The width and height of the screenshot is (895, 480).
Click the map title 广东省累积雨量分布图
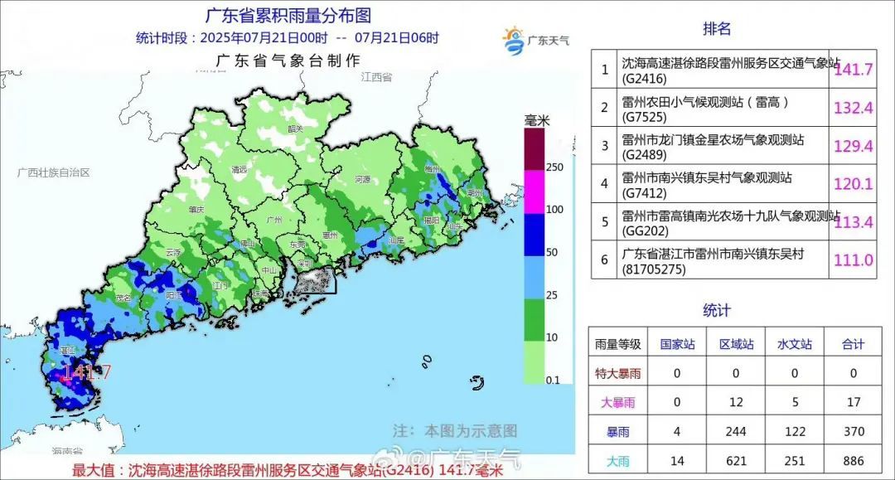[x=288, y=15]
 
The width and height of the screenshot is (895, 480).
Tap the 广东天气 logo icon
[x=515, y=41]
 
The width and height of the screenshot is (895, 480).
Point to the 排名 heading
[x=717, y=29]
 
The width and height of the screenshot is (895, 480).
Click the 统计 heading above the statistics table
[x=717, y=310]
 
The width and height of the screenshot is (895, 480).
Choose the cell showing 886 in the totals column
[x=853, y=460]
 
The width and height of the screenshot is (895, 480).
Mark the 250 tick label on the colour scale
[x=554, y=167]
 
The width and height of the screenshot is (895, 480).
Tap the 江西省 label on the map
[x=375, y=77]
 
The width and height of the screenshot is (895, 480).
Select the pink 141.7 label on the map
[x=86, y=372]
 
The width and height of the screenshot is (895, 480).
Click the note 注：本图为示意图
[x=454, y=431]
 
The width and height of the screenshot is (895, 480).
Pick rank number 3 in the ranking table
[x=604, y=146]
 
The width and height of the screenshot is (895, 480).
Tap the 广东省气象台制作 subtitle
[x=288, y=61]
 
